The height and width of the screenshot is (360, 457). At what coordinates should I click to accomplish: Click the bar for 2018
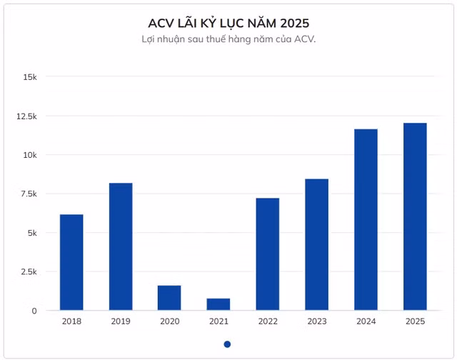pyautogui.click(x=71, y=262)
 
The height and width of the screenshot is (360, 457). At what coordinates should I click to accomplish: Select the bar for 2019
pyautogui.click(x=121, y=246)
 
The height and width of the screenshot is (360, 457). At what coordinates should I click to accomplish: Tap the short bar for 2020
pyautogui.click(x=169, y=298)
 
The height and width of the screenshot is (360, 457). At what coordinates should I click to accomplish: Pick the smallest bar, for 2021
pyautogui.click(x=219, y=304)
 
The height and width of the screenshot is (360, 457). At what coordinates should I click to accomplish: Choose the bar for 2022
pyautogui.click(x=268, y=254)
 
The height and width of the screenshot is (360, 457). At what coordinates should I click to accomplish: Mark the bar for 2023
pyautogui.click(x=317, y=244)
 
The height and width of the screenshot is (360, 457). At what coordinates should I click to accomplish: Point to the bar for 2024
pyautogui.click(x=366, y=219)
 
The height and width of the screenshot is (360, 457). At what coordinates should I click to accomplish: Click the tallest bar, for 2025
pyautogui.click(x=415, y=216)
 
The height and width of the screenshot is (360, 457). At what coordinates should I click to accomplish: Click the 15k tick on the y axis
pyautogui.click(x=30, y=77)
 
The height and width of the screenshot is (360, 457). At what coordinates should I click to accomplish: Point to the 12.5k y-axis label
pyautogui.click(x=26, y=116)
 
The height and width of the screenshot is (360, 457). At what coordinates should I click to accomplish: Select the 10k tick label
pyautogui.click(x=30, y=155)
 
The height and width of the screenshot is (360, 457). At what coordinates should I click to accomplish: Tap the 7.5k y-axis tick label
pyautogui.click(x=29, y=194)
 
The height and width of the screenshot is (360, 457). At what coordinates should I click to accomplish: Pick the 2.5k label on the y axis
pyautogui.click(x=29, y=272)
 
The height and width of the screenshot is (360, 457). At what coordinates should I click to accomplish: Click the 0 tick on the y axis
pyautogui.click(x=34, y=311)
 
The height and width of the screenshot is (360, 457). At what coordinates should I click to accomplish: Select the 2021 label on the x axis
pyautogui.click(x=219, y=321)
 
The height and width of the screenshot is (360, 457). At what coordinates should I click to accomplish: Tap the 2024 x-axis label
pyautogui.click(x=366, y=321)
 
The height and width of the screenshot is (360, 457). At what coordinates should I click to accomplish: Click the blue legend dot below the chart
pyautogui.click(x=227, y=344)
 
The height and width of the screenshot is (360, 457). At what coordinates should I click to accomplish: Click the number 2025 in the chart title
pyautogui.click(x=295, y=24)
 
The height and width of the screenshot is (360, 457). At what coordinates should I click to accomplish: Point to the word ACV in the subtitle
pyautogui.click(x=305, y=39)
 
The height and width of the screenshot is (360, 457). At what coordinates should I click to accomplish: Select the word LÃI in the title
pyautogui.click(x=187, y=23)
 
